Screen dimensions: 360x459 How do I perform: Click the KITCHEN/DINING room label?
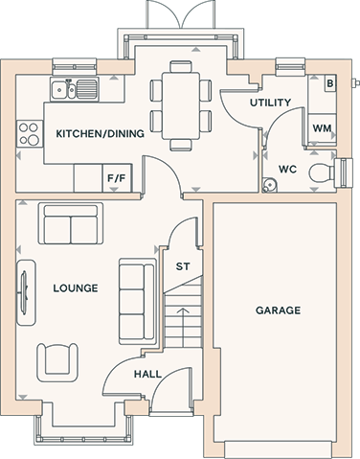tap(100, 133)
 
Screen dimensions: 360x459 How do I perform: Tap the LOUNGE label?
tap(76, 288)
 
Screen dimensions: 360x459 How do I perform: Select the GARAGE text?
tap(278, 310)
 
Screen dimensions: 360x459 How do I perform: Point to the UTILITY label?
tap(270, 103)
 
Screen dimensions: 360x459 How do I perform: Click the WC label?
tap(287, 169)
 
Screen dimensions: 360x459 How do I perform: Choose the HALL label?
tap(147, 374)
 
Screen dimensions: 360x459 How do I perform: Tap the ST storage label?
tap(183, 266)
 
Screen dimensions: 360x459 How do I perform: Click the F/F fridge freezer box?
tap(117, 178)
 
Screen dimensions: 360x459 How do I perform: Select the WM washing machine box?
tap(322, 128)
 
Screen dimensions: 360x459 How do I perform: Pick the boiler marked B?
tap(330, 83)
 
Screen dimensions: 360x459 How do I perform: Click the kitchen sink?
tap(74, 89)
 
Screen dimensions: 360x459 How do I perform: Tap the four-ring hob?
tap(30, 134)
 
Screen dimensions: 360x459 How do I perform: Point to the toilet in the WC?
tap(322, 173)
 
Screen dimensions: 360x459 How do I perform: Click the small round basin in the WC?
tap(269, 185)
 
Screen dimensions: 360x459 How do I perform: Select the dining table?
tap(181, 106)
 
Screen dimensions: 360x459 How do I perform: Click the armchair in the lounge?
tap(57, 362)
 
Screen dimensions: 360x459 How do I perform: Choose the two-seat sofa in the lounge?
tap(71, 223)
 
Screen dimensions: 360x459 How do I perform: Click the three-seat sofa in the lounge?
tap(138, 302)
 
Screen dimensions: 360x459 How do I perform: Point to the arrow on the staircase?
tap(183, 328)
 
